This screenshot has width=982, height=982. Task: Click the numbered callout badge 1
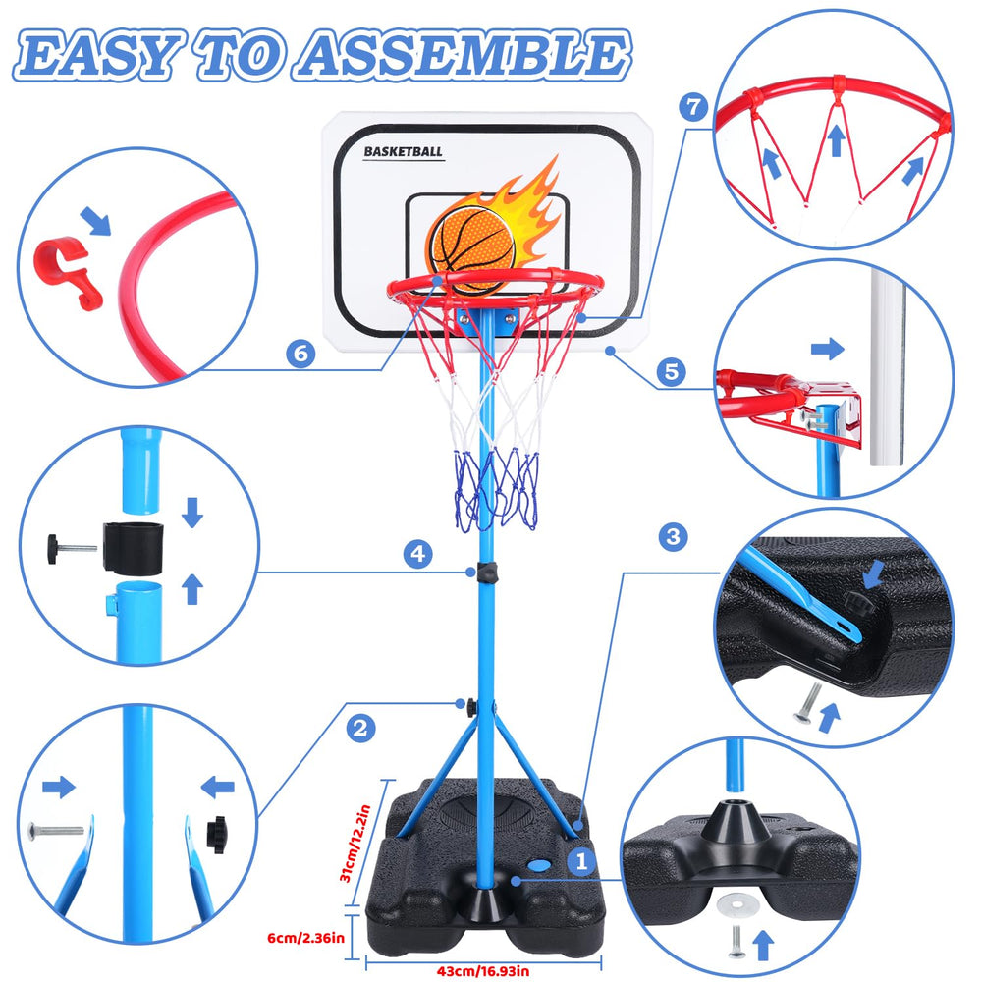point(581,861)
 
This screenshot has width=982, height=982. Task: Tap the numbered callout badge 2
point(360,729)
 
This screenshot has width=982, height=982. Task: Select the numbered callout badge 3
point(674,537)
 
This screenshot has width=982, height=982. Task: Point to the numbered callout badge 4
point(417,554)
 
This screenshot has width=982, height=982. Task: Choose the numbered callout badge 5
point(672,371)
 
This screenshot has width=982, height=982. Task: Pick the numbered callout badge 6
point(300,354)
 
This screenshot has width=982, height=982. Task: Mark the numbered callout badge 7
point(693,107)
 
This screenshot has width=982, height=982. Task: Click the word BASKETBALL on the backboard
point(404,151)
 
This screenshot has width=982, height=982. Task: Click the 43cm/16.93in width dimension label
point(483,971)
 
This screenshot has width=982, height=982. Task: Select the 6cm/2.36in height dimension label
point(305,938)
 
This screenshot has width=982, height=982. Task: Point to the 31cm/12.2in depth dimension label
point(355,843)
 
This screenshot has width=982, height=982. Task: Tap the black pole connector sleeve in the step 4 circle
point(133,548)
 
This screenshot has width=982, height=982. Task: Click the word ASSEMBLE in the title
point(463,55)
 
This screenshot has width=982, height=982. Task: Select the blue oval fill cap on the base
point(538,865)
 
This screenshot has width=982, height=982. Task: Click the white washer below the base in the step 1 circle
point(737,903)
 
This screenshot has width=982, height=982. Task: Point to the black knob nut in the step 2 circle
point(217,834)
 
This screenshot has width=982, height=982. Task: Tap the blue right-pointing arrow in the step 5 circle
point(827,349)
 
